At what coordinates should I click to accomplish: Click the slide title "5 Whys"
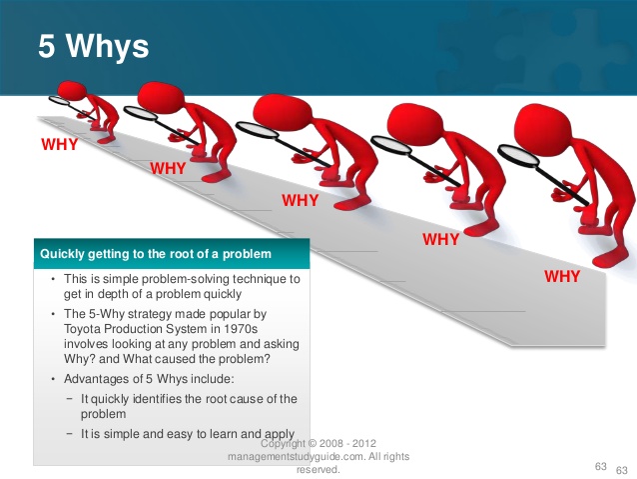click(94, 46)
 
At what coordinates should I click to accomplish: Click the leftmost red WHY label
click(59, 144)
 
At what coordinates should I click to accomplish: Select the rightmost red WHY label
click(562, 276)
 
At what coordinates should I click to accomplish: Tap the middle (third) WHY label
click(300, 200)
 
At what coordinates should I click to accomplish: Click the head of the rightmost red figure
click(543, 128)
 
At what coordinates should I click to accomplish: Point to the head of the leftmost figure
click(71, 90)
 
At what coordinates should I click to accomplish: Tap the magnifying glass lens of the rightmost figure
click(519, 156)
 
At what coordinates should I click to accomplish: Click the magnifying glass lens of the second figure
click(140, 113)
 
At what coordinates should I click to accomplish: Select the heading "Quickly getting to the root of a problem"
click(156, 254)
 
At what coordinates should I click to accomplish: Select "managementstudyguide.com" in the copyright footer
click(297, 457)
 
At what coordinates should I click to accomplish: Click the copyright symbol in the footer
click(313, 443)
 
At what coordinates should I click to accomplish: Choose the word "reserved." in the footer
click(318, 470)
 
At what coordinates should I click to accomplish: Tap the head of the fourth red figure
click(414, 122)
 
